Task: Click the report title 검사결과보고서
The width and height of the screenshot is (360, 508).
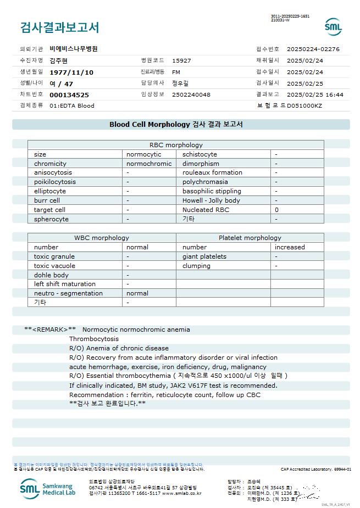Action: tap(59, 27)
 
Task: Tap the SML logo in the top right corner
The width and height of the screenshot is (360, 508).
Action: tap(333, 26)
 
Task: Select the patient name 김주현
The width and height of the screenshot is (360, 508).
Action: tap(59, 60)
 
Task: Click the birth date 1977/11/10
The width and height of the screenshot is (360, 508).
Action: tap(71, 72)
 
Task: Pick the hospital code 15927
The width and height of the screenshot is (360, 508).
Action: tap(181, 60)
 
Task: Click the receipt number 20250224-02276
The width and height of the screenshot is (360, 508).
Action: tap(313, 49)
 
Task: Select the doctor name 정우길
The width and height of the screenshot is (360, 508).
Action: tap(180, 83)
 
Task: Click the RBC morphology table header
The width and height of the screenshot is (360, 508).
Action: tap(176, 145)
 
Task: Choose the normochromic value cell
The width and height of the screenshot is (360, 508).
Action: tap(149, 164)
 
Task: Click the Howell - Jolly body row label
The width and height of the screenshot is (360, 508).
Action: tap(211, 200)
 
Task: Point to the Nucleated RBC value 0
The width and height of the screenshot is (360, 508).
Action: tap(277, 210)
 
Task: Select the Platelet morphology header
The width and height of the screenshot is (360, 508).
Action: tap(250, 238)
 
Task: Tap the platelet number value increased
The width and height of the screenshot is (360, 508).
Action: tap(290, 247)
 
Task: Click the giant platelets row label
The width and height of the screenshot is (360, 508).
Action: tap(204, 256)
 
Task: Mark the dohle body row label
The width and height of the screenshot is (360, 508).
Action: tap(51, 275)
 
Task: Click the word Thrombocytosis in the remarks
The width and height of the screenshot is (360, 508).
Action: tap(94, 339)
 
